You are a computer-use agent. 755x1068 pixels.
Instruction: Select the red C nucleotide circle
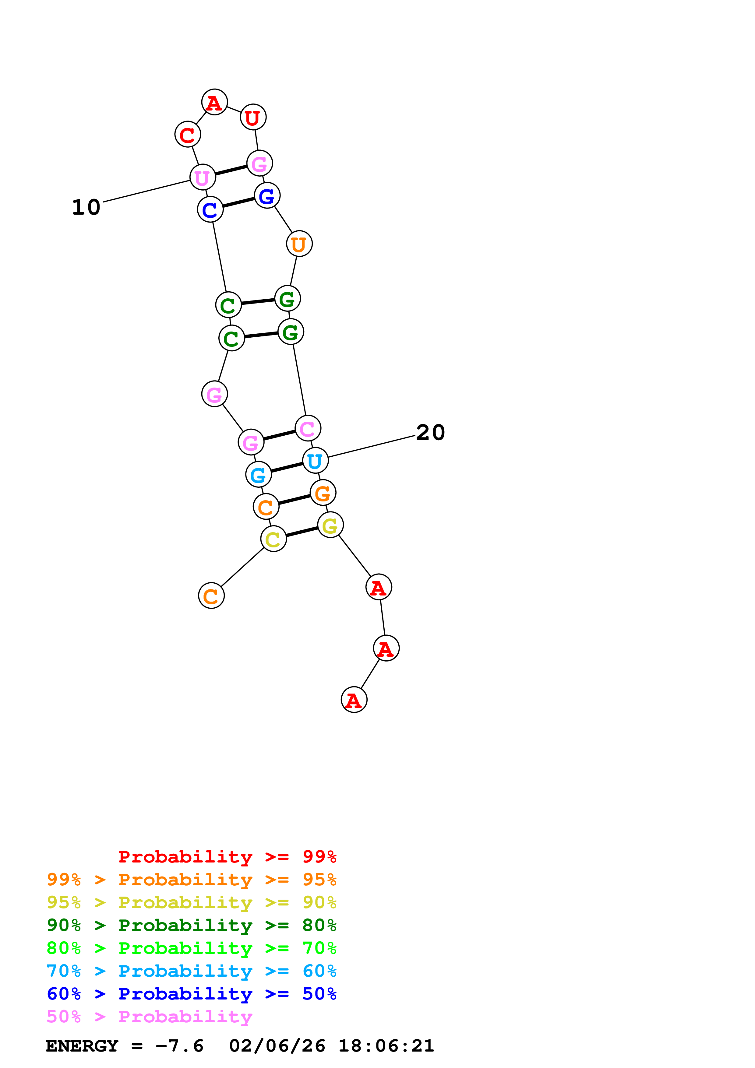tap(188, 135)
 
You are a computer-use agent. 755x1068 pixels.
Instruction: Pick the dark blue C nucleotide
tap(210, 209)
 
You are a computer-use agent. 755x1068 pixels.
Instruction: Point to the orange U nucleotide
tap(299, 244)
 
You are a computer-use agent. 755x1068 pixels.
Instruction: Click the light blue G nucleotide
tap(259, 474)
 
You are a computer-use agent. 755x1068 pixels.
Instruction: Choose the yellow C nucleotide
tap(273, 539)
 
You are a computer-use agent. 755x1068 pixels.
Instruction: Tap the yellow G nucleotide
tap(330, 525)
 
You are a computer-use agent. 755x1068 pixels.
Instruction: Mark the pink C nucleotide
tap(308, 428)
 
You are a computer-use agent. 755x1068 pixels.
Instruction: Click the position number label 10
tap(86, 207)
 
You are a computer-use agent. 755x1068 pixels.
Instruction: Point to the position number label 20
tap(430, 433)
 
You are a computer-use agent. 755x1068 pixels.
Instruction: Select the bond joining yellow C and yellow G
tap(302, 532)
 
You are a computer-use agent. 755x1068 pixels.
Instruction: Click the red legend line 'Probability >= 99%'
tap(227, 857)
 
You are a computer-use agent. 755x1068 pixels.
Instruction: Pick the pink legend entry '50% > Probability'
tap(149, 1016)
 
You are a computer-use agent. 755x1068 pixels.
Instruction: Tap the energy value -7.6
tap(180, 1046)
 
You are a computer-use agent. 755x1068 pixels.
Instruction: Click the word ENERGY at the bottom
tap(82, 1046)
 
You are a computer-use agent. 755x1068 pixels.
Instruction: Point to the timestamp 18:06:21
tap(386, 1046)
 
